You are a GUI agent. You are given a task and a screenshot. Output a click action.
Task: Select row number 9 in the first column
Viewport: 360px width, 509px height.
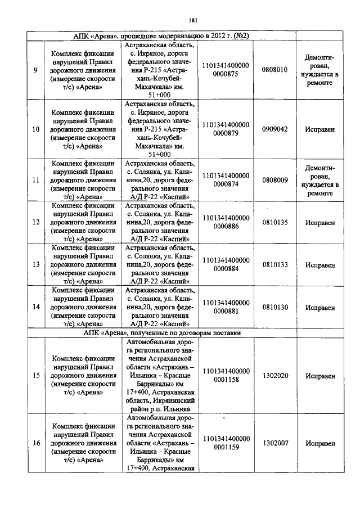coord(35,70)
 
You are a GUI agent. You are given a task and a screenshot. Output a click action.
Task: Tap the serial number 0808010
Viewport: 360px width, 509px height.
coord(274,70)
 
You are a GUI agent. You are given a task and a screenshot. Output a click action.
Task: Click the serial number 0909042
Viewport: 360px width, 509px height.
coord(274,129)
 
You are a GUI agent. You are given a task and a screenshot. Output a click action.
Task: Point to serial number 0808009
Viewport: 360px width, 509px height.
coord(274,181)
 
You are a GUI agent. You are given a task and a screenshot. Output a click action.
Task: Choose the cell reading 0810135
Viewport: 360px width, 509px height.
coord(274,223)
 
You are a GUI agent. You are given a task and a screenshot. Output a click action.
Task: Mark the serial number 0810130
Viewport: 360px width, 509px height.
coord(274,308)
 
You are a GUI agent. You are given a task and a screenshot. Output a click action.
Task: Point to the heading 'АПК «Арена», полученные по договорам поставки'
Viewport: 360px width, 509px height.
coord(161,333)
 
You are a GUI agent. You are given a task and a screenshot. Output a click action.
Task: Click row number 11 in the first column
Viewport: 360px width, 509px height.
coord(35,181)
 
